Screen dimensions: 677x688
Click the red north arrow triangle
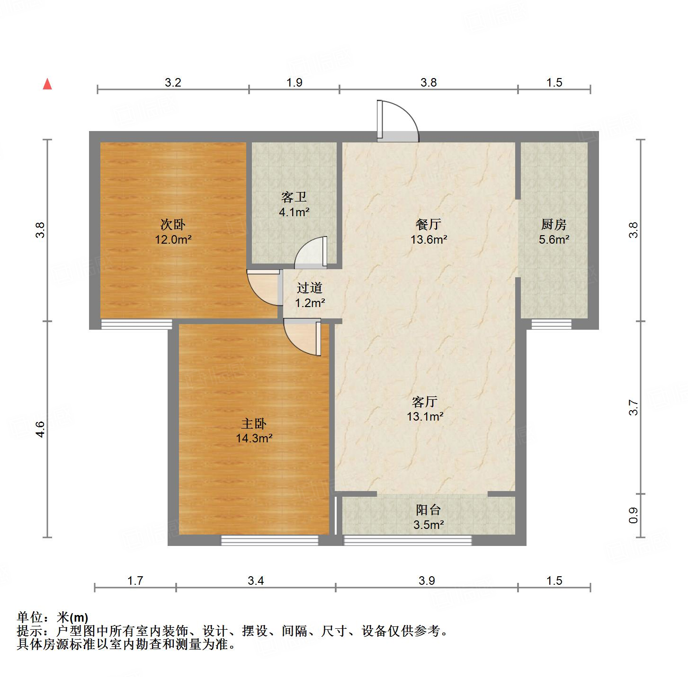click(x=47, y=84)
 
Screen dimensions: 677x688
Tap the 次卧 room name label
click(x=173, y=224)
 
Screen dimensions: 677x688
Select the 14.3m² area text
click(x=254, y=439)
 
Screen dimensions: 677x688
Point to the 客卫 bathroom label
click(x=294, y=197)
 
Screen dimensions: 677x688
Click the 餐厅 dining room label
click(x=429, y=224)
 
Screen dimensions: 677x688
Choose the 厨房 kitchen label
click(x=554, y=224)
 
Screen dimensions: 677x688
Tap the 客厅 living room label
click(x=425, y=402)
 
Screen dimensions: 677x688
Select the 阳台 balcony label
click(x=429, y=510)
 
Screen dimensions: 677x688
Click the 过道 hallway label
click(x=310, y=288)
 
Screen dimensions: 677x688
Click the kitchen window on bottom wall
click(x=551, y=324)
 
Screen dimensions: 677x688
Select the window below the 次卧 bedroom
click(x=137, y=324)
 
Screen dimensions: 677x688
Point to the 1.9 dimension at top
click(x=294, y=83)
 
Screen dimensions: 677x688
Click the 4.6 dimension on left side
click(x=40, y=429)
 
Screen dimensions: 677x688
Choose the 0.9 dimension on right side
click(x=634, y=516)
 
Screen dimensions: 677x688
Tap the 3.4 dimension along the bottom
click(x=256, y=580)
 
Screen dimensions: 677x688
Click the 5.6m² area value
click(x=554, y=240)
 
